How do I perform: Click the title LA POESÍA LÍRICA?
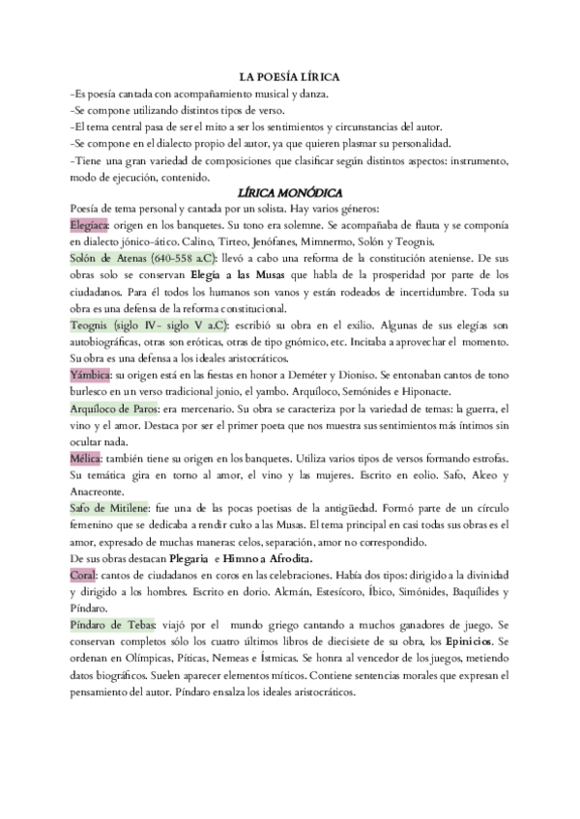point(289,76)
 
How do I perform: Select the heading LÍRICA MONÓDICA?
point(290,193)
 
